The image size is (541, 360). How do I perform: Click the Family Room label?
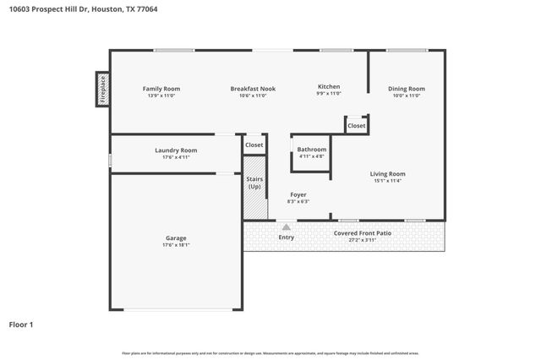(x=161, y=89)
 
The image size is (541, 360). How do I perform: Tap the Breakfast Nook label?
(x=253, y=89)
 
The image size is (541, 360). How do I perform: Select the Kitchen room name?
(x=329, y=86)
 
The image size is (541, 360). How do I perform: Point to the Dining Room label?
(x=406, y=89)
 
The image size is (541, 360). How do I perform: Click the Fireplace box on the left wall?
(x=102, y=90)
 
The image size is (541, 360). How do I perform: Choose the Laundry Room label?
(x=176, y=150)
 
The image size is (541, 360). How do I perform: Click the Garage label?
(x=176, y=238)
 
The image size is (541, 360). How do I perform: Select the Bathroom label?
(x=311, y=149)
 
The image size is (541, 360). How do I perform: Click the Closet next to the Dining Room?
(x=357, y=126)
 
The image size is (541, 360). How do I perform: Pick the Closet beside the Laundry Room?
(x=254, y=145)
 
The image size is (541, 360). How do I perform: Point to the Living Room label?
(x=388, y=174)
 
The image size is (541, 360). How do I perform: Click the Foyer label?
(x=298, y=194)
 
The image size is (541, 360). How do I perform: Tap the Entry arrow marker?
(x=287, y=226)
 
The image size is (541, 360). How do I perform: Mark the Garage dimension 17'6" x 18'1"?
(x=176, y=246)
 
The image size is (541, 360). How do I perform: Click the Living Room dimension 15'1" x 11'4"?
(x=388, y=181)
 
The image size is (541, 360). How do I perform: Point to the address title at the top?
(x=82, y=8)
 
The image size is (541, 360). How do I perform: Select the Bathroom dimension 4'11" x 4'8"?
(x=311, y=156)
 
